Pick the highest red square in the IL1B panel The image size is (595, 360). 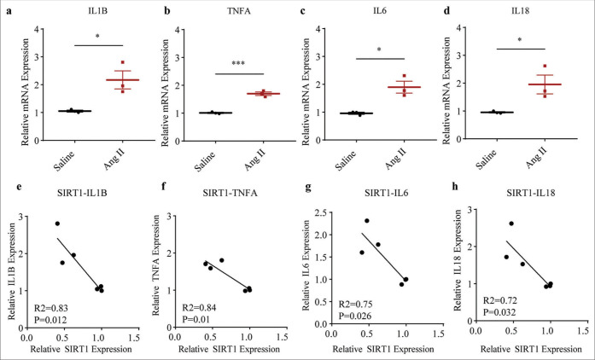pos(123,63)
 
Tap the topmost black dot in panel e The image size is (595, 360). pos(57,224)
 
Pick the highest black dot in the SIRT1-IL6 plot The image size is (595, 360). pos(367,221)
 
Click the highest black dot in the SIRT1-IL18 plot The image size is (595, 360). pos(511,224)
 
